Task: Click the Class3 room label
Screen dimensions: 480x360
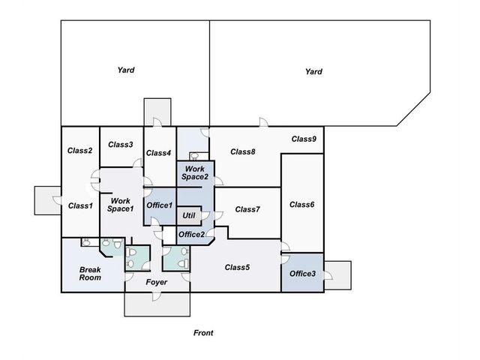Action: click(121, 145)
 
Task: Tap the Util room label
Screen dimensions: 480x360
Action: click(189, 215)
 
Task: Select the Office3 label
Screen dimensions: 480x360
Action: click(302, 274)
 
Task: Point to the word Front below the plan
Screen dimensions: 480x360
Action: click(203, 333)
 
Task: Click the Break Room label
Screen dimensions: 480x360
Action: click(90, 274)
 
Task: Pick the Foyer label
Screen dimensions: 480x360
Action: click(157, 282)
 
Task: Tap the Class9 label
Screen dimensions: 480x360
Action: click(304, 139)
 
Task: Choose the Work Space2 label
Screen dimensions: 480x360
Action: click(195, 173)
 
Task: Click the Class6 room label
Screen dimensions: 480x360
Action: click(301, 205)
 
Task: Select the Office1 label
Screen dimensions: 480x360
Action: click(160, 205)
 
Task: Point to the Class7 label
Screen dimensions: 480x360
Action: click(247, 209)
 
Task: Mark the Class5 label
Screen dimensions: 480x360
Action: click(237, 267)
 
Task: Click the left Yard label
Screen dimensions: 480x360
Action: click(126, 70)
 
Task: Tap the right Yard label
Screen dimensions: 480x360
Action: click(313, 72)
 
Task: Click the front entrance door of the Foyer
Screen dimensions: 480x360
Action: click(157, 295)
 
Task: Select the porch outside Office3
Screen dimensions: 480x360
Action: click(338, 275)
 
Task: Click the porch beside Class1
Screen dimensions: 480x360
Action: click(48, 200)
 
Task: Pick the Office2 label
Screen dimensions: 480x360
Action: click(192, 235)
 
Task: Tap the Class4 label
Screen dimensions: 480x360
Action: click(158, 153)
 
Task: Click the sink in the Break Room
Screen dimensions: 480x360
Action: click(86, 243)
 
